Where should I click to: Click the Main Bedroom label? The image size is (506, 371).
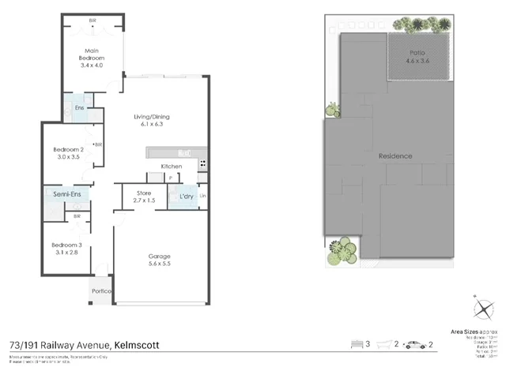click(91, 58)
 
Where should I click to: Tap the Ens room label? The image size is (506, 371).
click(79, 107)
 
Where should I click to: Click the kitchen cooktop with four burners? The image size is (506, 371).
click(202, 164)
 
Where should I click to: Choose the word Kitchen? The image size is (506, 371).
click(172, 167)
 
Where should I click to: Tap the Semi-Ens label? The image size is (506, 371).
click(66, 194)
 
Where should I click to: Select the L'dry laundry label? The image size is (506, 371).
click(187, 195)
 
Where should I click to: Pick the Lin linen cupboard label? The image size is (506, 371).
click(203, 196)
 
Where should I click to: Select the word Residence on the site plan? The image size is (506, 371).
click(395, 156)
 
